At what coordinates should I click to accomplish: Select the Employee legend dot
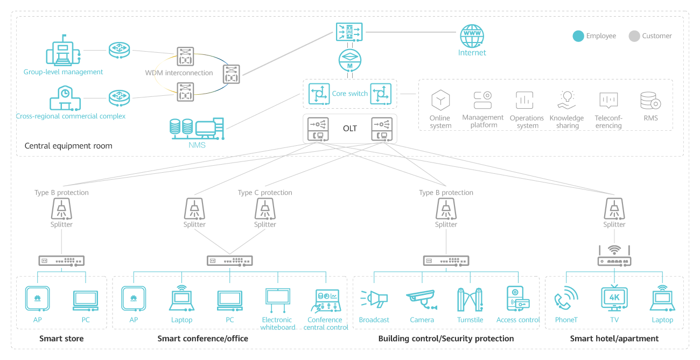[x=578, y=36]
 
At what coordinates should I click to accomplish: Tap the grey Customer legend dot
[x=634, y=36]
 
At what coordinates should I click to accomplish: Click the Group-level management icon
[x=63, y=51]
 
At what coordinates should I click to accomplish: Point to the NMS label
[x=197, y=145]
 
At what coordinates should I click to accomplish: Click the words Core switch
[x=349, y=94]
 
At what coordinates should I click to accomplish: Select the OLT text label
[x=350, y=129]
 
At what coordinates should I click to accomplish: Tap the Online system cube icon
[x=440, y=100]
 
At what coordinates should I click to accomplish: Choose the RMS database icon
[x=650, y=101]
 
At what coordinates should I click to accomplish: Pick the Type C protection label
[x=265, y=193]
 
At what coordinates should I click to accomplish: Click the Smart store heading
[x=61, y=339]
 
